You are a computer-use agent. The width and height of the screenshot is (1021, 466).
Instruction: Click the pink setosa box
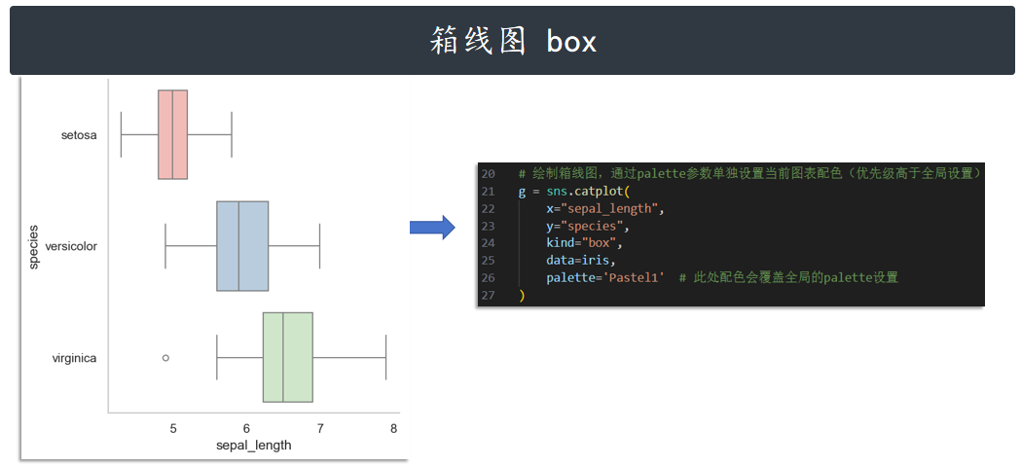pyautogui.click(x=172, y=134)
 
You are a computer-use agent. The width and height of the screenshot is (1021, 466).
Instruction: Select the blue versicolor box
pyautogui.click(x=242, y=246)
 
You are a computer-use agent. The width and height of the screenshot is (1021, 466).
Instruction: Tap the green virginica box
pyautogui.click(x=287, y=357)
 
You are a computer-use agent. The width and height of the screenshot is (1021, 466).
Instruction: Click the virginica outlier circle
pyautogui.click(x=165, y=358)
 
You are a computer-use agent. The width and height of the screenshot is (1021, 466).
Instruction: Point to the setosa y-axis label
pyautogui.click(x=79, y=135)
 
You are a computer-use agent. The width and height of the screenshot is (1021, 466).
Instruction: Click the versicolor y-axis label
pyautogui.click(x=71, y=246)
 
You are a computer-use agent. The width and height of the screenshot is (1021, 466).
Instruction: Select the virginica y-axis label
pyautogui.click(x=74, y=358)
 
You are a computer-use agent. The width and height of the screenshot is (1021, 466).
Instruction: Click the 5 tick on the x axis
pyautogui.click(x=173, y=429)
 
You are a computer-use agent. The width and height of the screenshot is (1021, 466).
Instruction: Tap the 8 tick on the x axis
pyautogui.click(x=393, y=429)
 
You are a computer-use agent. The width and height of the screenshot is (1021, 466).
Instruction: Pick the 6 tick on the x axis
pyautogui.click(x=246, y=429)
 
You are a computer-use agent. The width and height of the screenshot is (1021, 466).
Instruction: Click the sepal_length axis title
pyautogui.click(x=253, y=446)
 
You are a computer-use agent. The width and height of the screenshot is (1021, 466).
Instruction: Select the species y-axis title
pyautogui.click(x=33, y=246)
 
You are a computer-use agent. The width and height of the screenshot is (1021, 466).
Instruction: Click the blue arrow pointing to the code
pyautogui.click(x=431, y=228)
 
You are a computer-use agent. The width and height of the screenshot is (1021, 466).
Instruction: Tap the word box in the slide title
pyautogui.click(x=571, y=42)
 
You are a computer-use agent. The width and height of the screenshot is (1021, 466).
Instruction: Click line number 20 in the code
pyautogui.click(x=488, y=173)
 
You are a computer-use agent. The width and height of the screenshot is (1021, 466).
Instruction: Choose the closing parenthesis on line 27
pyautogui.click(x=522, y=295)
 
